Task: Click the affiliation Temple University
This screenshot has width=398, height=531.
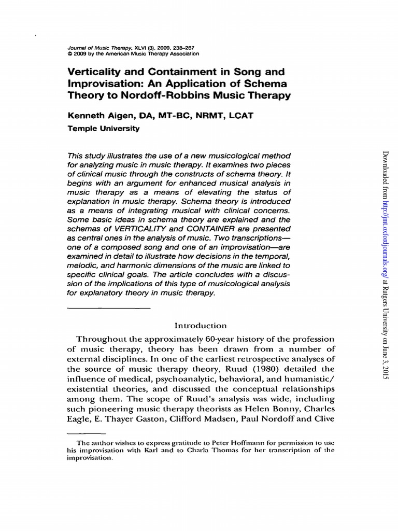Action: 104,129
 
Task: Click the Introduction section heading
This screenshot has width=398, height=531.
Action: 201,326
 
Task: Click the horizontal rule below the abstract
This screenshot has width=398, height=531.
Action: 109,308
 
